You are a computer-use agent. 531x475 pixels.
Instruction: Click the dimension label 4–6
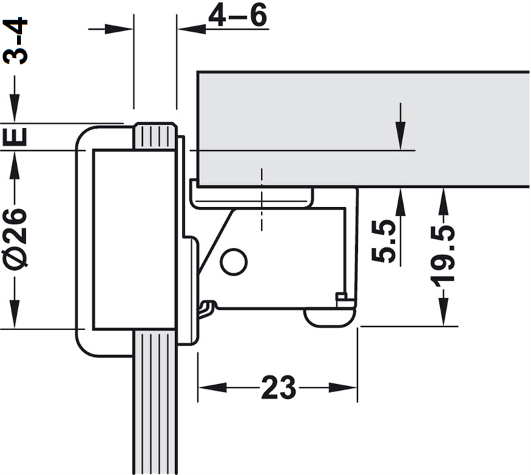[x=237, y=16]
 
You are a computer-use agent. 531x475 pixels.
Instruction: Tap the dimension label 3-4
[x=15, y=40]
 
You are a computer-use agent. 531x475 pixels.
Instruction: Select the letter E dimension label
[x=15, y=136]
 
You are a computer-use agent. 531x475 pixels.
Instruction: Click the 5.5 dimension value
[x=383, y=241]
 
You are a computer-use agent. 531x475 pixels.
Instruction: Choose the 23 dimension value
[x=278, y=387]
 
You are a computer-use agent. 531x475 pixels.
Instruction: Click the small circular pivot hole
[x=234, y=261]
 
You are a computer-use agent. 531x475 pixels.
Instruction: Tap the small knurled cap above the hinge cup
[x=156, y=136]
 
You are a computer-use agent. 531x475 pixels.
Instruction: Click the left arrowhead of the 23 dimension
[x=212, y=387]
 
